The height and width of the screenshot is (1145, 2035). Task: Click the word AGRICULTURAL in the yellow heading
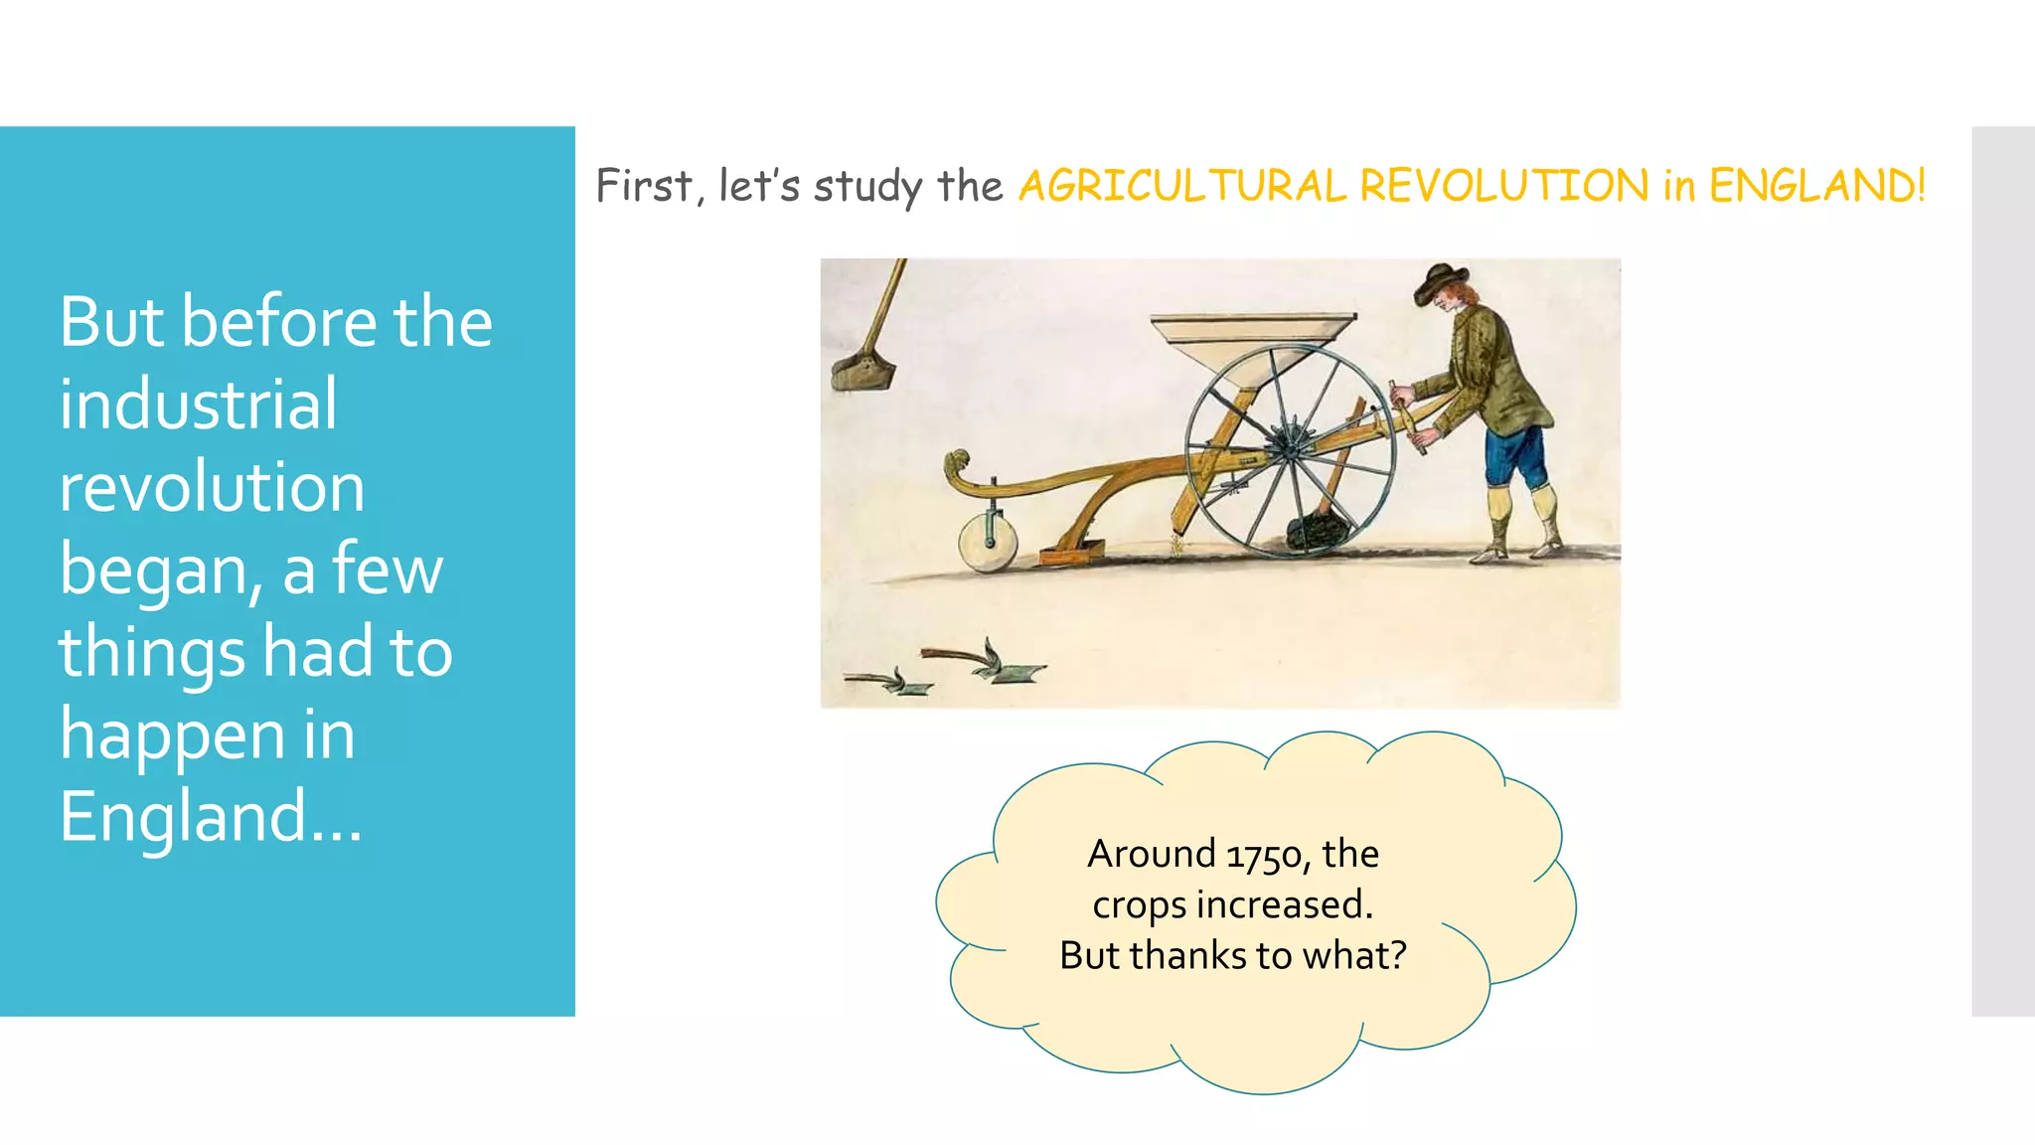[1181, 186]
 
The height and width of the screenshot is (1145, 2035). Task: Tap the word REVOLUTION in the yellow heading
[1503, 186]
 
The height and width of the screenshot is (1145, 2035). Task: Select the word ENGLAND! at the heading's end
[1816, 186]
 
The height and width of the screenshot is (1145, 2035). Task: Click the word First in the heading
[645, 186]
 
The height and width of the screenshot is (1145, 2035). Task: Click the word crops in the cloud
[1139, 905]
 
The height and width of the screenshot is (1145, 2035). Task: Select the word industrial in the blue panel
[198, 405]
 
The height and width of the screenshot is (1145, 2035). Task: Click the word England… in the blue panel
[210, 816]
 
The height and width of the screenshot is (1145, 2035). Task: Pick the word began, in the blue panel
[161, 570]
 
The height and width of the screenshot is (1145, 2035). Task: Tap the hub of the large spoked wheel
[1289, 448]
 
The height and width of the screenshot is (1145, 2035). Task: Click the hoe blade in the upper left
[862, 373]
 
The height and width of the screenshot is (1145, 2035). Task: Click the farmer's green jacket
[1492, 373]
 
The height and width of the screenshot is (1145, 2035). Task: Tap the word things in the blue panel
[151, 652]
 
